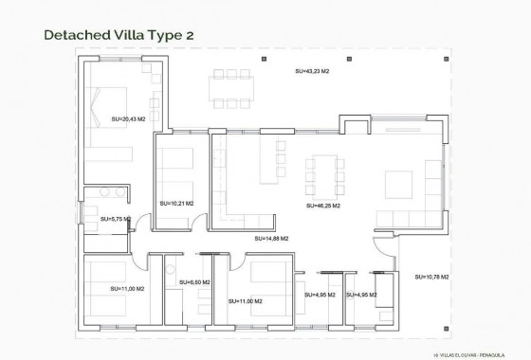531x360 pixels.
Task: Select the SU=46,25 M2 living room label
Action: point(323,204)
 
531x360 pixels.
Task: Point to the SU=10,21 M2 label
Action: point(177,203)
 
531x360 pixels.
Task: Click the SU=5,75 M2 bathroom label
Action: point(115,219)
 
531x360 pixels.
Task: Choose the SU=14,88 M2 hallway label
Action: point(271,240)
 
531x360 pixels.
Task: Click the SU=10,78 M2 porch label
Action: point(432,277)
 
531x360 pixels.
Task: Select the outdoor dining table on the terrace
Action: point(232,88)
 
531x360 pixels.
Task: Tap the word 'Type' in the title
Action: point(162,35)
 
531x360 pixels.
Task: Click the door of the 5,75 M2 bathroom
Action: point(140,225)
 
